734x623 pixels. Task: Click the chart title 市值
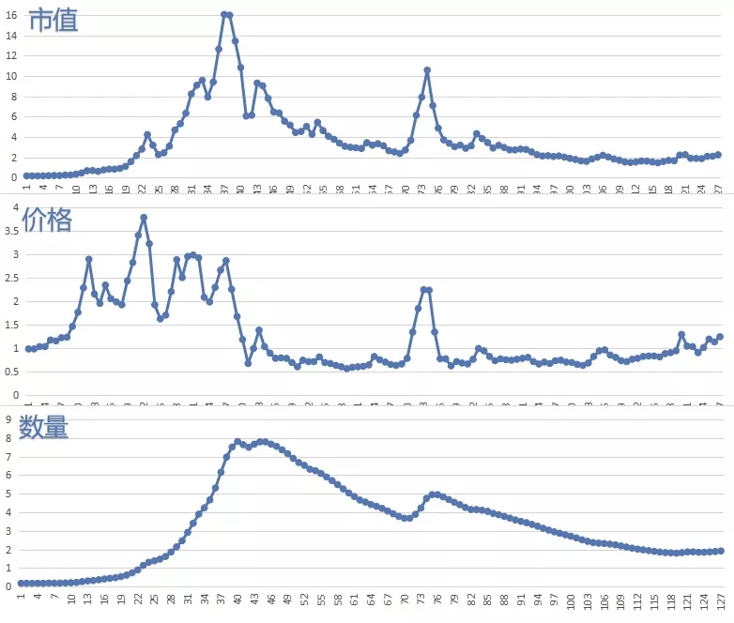(53, 20)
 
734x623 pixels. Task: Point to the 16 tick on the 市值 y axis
(11, 14)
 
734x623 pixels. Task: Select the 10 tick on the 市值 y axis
(11, 75)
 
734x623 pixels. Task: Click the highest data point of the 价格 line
(144, 218)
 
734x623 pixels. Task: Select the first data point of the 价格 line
(28, 349)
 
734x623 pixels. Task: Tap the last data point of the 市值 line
(719, 155)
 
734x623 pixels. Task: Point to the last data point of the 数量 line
(719, 551)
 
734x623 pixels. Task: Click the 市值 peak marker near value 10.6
(427, 70)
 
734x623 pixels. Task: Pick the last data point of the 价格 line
(720, 337)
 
